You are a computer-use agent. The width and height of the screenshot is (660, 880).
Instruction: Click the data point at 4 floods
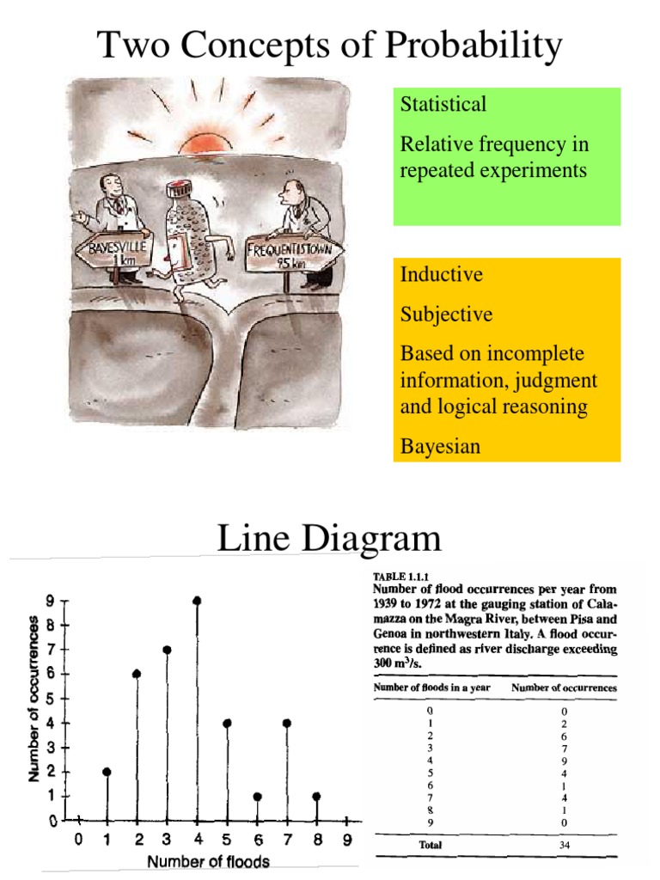click(198, 601)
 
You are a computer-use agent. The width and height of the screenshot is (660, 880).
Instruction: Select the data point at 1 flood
click(107, 772)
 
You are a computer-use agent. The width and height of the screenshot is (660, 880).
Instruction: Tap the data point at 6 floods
click(258, 797)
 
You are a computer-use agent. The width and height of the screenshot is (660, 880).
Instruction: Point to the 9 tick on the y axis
click(52, 602)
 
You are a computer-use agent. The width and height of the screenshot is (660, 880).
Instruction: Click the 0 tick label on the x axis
click(77, 840)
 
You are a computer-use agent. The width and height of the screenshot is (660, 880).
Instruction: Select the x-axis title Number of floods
click(209, 861)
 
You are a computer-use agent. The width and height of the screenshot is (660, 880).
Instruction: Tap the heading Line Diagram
click(329, 539)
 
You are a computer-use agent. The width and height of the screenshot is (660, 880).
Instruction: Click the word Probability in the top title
click(463, 45)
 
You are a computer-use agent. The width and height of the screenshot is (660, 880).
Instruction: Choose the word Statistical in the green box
click(443, 104)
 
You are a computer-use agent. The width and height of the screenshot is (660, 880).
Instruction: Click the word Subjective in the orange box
click(446, 315)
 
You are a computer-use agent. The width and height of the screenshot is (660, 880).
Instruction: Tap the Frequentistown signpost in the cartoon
click(293, 254)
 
